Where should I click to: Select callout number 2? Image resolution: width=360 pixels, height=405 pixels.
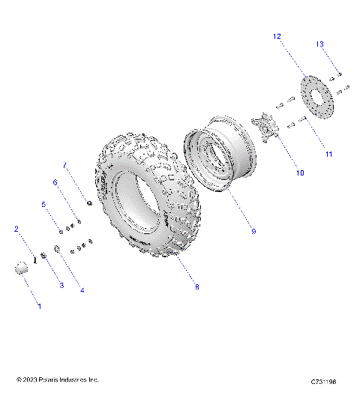(x=16, y=230)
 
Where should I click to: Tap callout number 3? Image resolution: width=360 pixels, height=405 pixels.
(x=61, y=286)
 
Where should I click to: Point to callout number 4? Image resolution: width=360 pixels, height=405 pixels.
(x=82, y=290)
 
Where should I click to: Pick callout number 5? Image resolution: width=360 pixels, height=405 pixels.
(x=43, y=205)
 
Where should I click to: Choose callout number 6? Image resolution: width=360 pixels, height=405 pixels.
(x=54, y=182)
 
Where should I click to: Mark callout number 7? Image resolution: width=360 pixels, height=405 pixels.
(x=64, y=165)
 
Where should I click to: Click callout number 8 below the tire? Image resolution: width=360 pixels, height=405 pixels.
(x=196, y=286)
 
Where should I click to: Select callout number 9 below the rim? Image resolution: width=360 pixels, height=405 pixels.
(x=253, y=232)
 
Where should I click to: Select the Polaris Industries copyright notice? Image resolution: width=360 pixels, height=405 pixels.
(x=58, y=380)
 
